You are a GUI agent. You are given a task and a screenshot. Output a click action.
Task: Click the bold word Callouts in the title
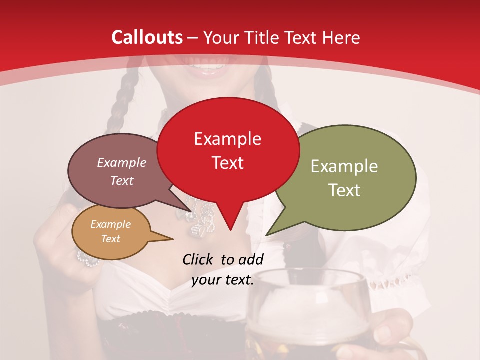pos(147,37)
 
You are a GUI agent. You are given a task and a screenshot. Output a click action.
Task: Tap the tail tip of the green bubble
pos(267,235)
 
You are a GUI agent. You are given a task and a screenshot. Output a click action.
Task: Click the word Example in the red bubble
pos(227,139)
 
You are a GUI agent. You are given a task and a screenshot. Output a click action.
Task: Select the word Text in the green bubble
pos(344,190)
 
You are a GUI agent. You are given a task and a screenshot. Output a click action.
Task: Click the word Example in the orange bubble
pos(110,224)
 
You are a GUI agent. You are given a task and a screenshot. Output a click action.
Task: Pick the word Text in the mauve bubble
pos(122,181)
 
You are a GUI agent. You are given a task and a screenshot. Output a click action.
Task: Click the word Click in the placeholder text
pos(199,259)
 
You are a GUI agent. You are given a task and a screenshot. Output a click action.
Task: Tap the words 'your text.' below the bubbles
pos(223,280)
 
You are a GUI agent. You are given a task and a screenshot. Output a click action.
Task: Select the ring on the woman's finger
pos(87,258)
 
